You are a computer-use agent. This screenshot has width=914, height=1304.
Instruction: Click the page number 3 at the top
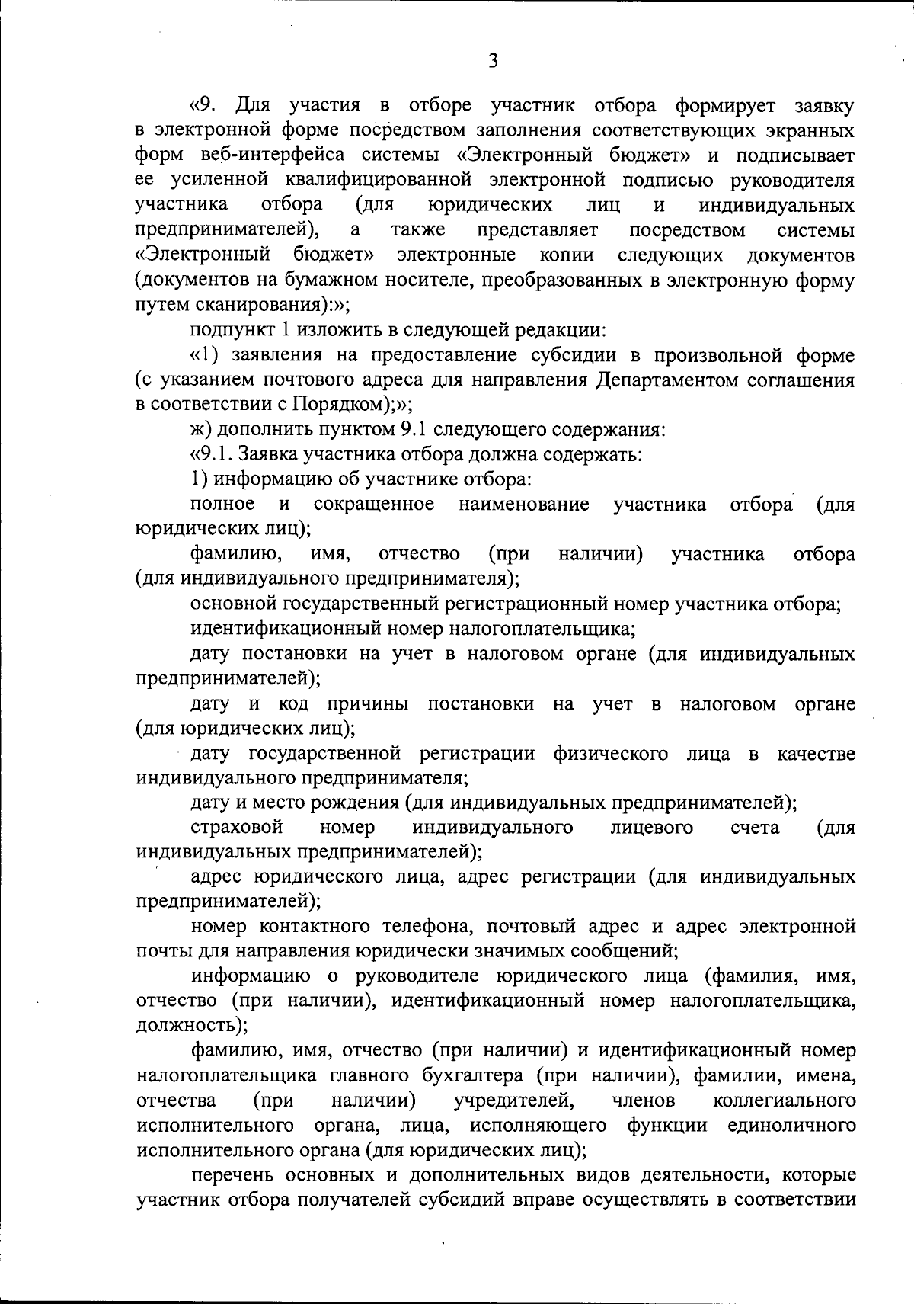493,60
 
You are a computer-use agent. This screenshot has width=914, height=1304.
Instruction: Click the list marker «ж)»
200,430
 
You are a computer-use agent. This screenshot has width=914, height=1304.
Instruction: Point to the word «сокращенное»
374,505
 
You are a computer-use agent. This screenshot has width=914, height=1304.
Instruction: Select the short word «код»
293,703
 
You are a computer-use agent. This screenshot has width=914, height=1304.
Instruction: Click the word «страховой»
237,828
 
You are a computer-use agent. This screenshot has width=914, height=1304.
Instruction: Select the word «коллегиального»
784,1101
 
